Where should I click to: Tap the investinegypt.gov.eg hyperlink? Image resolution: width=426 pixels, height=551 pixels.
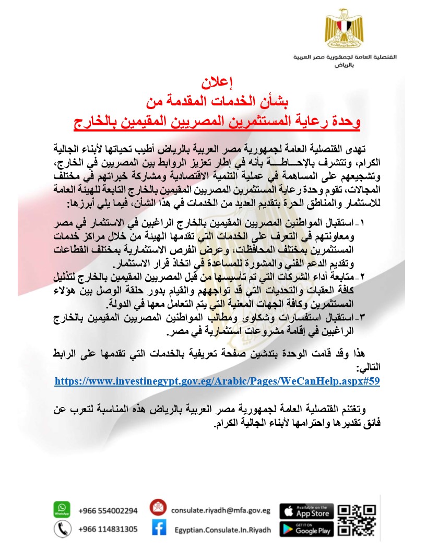pyautogui.click(x=217, y=381)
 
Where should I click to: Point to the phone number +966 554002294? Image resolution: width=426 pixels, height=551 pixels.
pyautogui.click(x=108, y=511)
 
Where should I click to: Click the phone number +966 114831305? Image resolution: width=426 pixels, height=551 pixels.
pyautogui.click(x=108, y=529)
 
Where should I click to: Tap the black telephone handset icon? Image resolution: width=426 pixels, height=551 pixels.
pyautogui.click(x=62, y=529)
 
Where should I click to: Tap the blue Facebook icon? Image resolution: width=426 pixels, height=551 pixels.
pyautogui.click(x=159, y=529)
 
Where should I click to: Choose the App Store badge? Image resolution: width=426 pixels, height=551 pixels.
pyautogui.click(x=306, y=511)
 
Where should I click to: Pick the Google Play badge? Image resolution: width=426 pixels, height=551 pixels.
pyautogui.click(x=306, y=529)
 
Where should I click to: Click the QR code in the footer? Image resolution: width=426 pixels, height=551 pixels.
pyautogui.click(x=357, y=519)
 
